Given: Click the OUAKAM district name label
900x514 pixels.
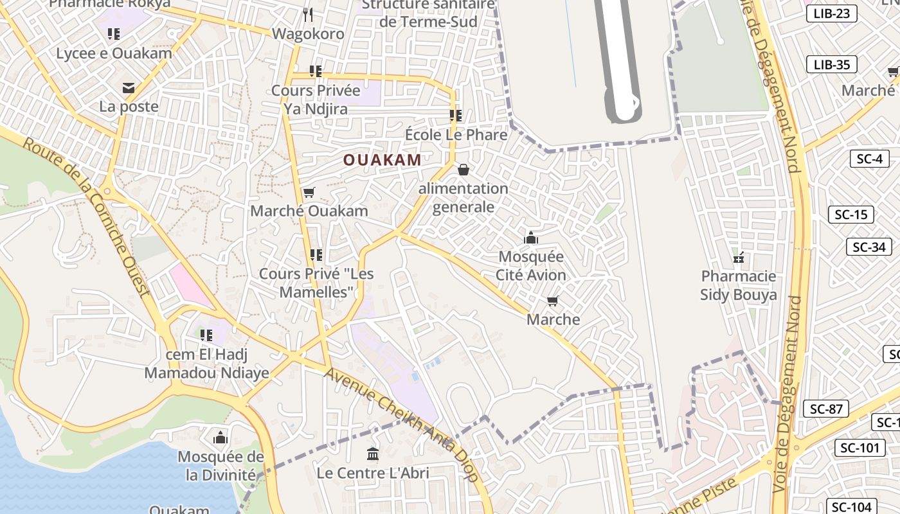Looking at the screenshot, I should click(x=382, y=160).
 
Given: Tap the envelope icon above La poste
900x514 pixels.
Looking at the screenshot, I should click(x=129, y=88).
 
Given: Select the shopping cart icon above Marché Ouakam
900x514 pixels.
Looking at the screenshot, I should click(x=309, y=192).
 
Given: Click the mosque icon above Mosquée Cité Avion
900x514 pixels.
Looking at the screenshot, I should click(x=531, y=238).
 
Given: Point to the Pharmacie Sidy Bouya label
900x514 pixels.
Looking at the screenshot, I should click(x=739, y=285).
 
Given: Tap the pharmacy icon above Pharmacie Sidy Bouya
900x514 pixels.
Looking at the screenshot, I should click(x=739, y=258).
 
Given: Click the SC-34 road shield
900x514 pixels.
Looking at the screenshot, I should click(x=869, y=247).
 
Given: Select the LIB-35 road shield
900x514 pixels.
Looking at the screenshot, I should click(x=832, y=64).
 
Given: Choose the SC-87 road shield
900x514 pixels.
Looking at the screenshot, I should click(x=826, y=409).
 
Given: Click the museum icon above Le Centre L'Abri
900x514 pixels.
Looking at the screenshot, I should click(x=372, y=454).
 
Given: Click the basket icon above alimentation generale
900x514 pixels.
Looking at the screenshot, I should click(x=463, y=170).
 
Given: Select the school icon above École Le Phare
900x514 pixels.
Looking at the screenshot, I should click(x=456, y=116).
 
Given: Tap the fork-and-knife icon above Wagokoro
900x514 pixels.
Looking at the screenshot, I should click(x=308, y=14).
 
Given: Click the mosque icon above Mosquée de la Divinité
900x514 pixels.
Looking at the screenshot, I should click(x=221, y=438).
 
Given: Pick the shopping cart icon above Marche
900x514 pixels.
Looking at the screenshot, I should click(x=552, y=301).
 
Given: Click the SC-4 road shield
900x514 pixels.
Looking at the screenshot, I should click(x=869, y=159).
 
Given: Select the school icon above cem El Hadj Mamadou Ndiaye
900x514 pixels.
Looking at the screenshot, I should click(x=206, y=335).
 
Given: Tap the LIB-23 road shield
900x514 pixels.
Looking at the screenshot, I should click(x=832, y=13).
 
